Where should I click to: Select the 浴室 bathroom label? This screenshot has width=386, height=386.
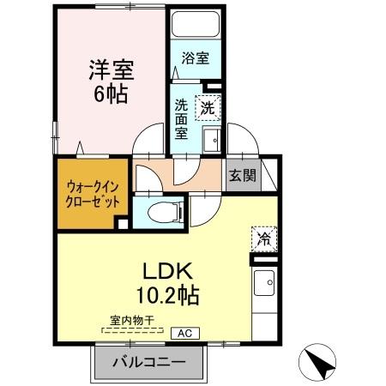point(196,58)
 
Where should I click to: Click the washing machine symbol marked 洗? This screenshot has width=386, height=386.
point(208,107)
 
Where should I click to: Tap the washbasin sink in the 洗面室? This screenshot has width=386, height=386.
point(212,139)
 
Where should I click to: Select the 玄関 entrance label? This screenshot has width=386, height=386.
point(242,176)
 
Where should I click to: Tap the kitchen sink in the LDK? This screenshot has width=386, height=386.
point(264,281)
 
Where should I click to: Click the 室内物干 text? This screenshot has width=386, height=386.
point(131,321)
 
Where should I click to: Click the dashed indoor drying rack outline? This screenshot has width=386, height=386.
point(134,330)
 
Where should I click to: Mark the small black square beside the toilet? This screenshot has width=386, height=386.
point(123,225)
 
